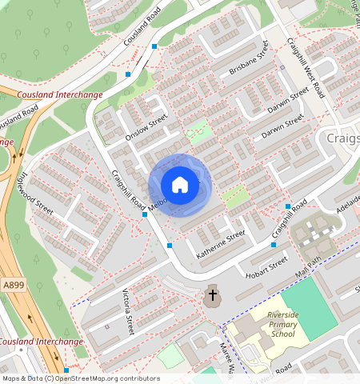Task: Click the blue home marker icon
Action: pos(180,185)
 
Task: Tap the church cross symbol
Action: pos(212,296)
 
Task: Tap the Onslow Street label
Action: pos(146,128)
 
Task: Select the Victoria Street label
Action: pos(127,312)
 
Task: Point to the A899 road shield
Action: pos(13,284)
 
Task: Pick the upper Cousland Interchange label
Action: pos(59,94)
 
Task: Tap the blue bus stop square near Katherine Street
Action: pos(170,246)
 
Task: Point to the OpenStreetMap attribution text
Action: pos(80,378)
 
